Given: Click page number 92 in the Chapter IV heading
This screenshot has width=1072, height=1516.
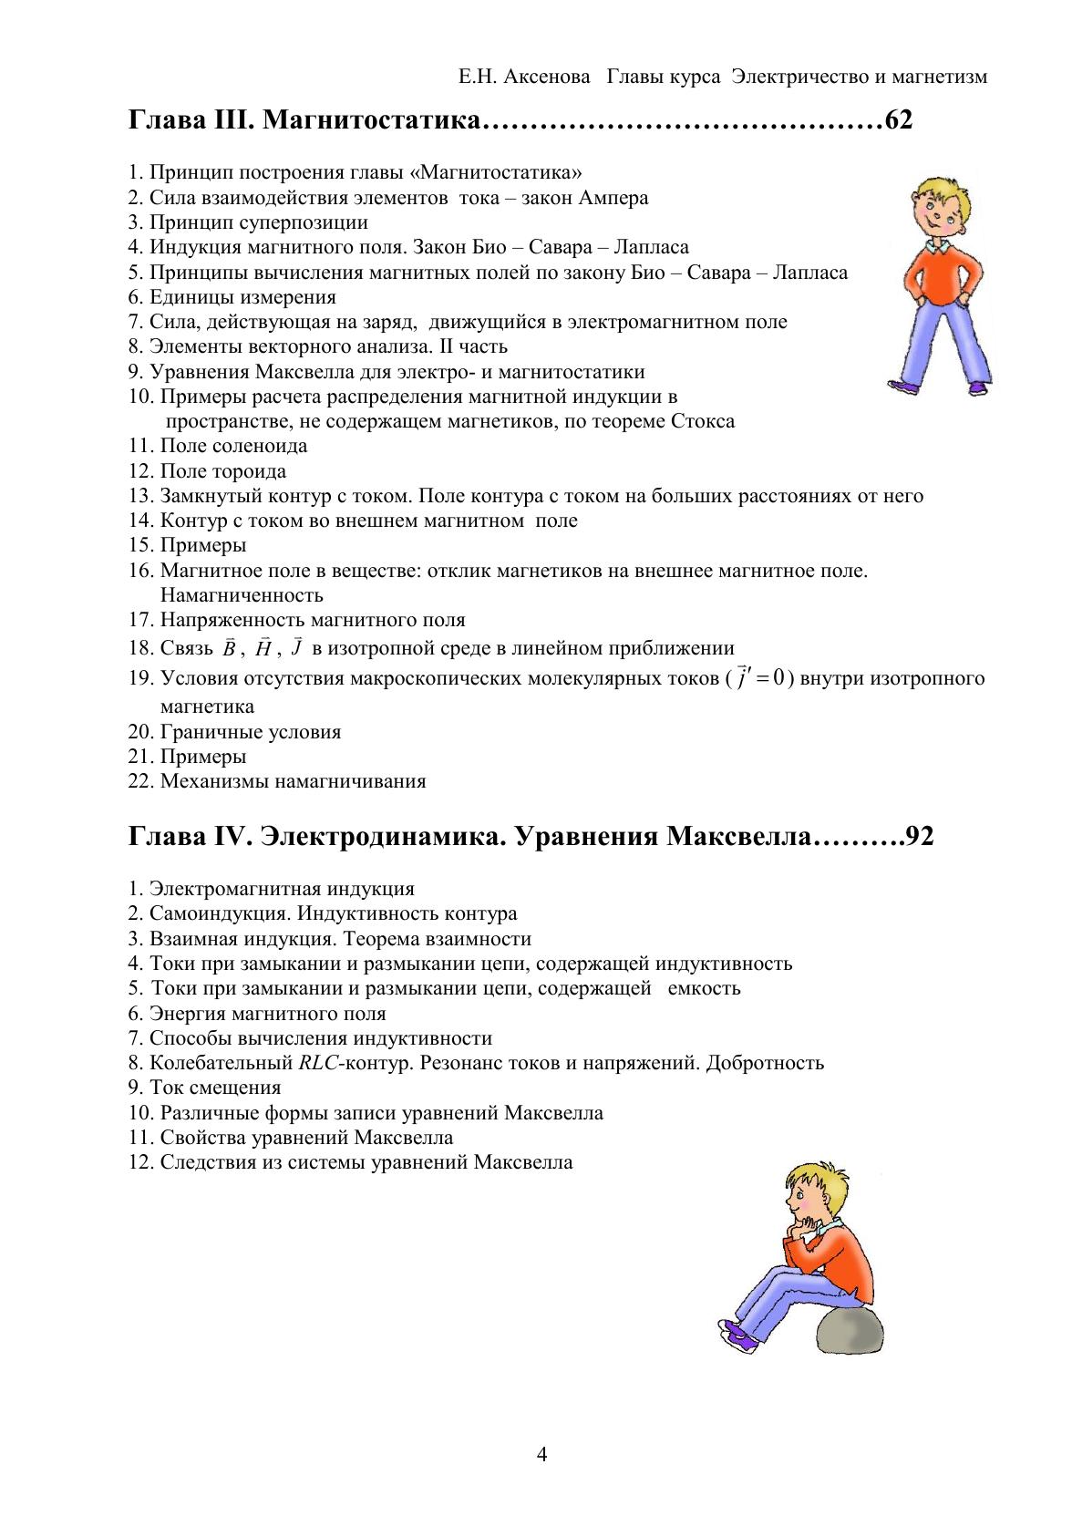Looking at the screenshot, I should [918, 837].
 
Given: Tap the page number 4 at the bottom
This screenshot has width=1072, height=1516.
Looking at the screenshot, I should [542, 1455].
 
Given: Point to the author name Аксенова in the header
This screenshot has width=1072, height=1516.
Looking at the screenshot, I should [541, 77].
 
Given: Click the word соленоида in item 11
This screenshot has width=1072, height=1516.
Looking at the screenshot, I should [260, 446].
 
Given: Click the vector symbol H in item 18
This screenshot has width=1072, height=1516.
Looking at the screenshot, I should [263, 649].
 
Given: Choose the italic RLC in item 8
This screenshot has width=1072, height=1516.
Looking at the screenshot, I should [317, 1063].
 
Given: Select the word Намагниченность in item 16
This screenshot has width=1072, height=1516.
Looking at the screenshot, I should [242, 596].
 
